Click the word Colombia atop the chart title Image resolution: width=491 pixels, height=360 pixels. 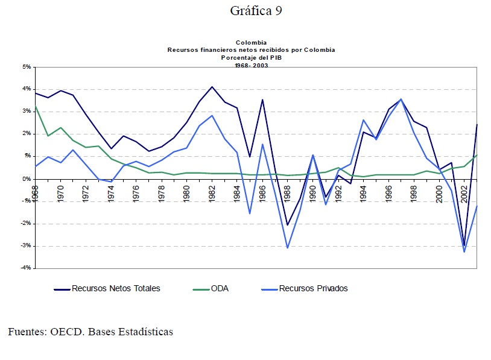tap(251, 42)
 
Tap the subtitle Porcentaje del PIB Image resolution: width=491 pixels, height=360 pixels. tap(251, 58)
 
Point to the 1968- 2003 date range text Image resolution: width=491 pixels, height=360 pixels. tap(251, 65)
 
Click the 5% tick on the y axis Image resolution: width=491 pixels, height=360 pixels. tap(27, 67)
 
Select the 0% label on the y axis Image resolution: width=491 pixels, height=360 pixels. tap(27, 178)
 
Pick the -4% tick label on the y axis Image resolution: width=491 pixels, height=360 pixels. tap(26, 268)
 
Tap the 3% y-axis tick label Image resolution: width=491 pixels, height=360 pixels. tap(27, 112)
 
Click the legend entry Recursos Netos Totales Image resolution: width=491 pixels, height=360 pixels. tap(116, 288)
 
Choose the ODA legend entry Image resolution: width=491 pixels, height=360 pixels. tap(220, 288)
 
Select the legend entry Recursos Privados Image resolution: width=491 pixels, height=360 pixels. tap(313, 288)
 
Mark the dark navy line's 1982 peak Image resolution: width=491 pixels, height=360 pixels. tap(212, 87)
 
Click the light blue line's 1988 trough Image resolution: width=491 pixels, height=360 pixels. tap(288, 247)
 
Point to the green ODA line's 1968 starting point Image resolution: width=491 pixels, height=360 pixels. tap(36, 106)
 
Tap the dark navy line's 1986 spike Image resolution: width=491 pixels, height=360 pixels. tap(262, 99)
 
